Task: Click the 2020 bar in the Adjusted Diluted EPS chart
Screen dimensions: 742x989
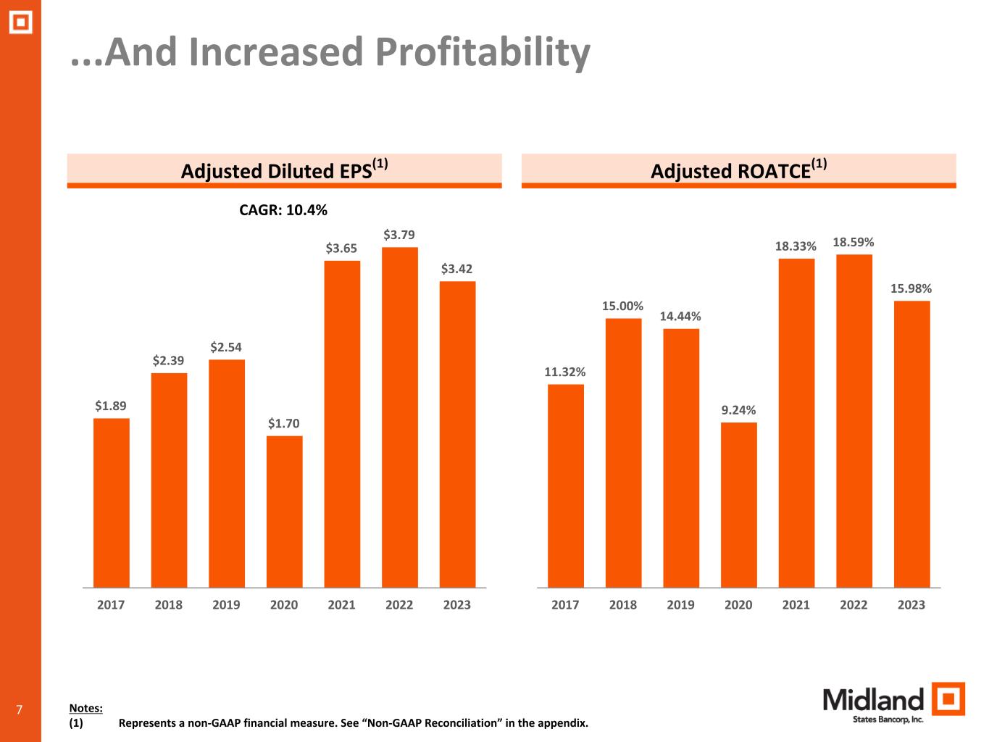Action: tap(284, 511)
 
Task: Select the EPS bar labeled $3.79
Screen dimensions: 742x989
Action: tap(399, 417)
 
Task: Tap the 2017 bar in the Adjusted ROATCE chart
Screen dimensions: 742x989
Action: tap(565, 485)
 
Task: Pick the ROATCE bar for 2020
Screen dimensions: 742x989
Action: tap(738, 504)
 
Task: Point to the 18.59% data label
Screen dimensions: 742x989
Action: tap(853, 242)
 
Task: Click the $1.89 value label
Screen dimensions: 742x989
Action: tap(110, 406)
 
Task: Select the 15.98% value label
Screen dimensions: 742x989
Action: tap(911, 288)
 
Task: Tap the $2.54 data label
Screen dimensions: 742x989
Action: tap(226, 347)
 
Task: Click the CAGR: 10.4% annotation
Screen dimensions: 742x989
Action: tap(283, 210)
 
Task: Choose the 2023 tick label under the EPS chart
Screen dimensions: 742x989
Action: tap(456, 604)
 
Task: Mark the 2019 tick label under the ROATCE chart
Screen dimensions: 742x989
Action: tap(680, 604)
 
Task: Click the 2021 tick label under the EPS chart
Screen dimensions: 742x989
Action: tap(341, 604)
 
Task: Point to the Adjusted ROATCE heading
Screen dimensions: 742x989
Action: tap(738, 170)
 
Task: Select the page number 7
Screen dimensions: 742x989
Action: tap(19, 709)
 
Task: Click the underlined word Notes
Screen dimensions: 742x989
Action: tap(85, 708)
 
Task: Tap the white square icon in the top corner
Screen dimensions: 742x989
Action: tap(20, 23)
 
